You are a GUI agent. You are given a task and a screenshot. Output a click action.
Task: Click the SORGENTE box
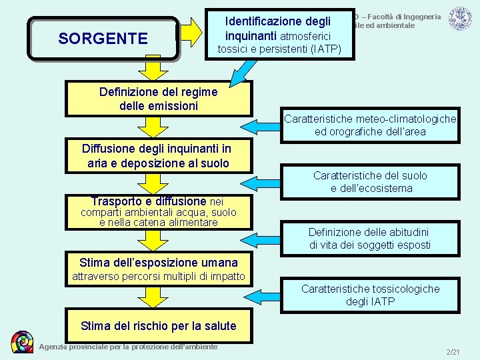[x=103, y=39]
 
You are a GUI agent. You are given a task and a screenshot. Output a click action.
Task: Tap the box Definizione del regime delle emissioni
[x=158, y=99]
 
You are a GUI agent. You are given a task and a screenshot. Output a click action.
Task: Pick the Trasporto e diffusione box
[x=158, y=212]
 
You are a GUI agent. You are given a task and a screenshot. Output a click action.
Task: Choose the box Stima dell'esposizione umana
[x=158, y=269]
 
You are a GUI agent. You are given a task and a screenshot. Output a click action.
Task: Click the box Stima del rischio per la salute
[x=158, y=325]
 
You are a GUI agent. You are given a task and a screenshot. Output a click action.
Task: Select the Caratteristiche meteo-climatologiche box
[x=370, y=125]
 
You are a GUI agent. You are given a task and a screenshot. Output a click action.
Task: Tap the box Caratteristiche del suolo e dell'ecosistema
[x=370, y=181]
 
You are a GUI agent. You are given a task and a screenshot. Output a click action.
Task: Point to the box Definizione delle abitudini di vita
[x=370, y=238]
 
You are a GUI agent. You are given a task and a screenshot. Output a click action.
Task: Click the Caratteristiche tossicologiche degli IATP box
[x=370, y=295]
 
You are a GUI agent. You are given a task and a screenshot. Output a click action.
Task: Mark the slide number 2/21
[x=453, y=351]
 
